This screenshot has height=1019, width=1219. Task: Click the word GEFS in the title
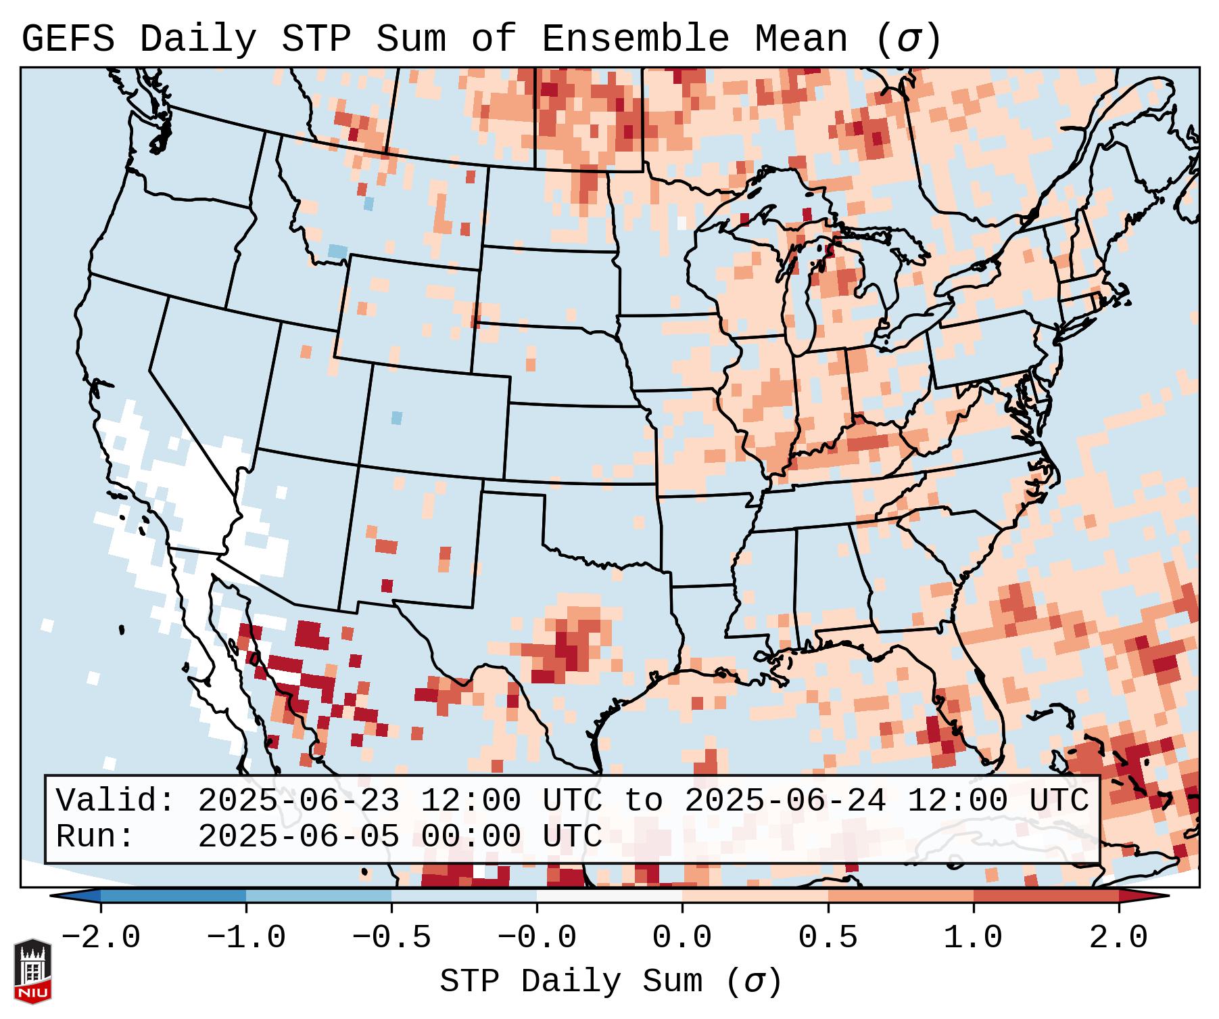coord(68,39)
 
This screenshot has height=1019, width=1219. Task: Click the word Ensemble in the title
coord(636,39)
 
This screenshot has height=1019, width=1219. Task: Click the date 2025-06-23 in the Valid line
coord(298,800)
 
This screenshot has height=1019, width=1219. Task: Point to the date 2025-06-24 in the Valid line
coord(785,800)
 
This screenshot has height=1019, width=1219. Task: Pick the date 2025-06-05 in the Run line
coord(298,837)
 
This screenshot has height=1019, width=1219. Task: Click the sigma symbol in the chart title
coord(908,39)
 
